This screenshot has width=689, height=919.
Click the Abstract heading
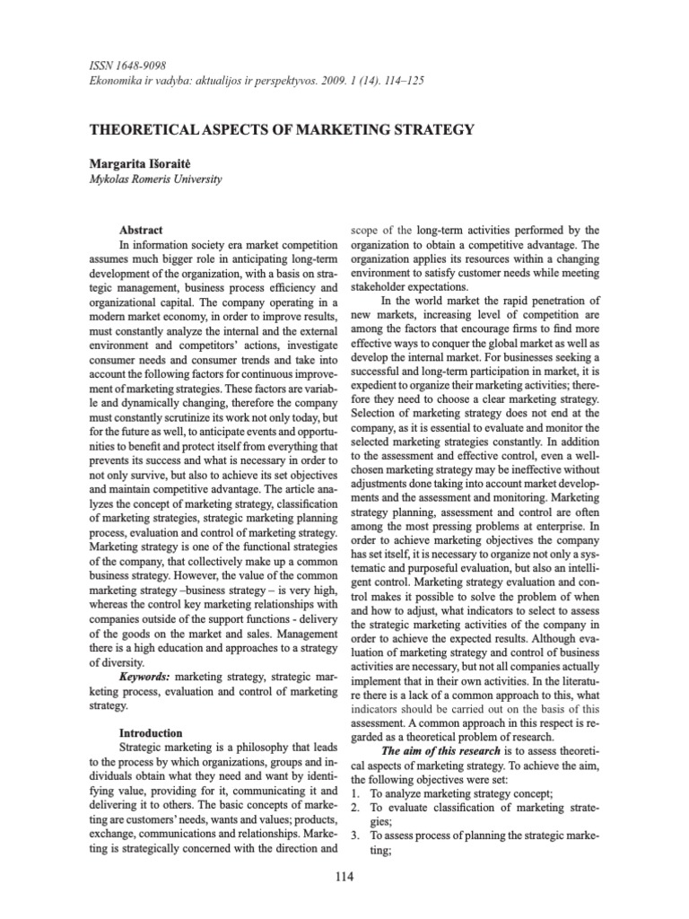(141, 230)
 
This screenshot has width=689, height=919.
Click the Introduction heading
(151, 733)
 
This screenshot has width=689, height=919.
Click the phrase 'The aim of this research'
(435, 751)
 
